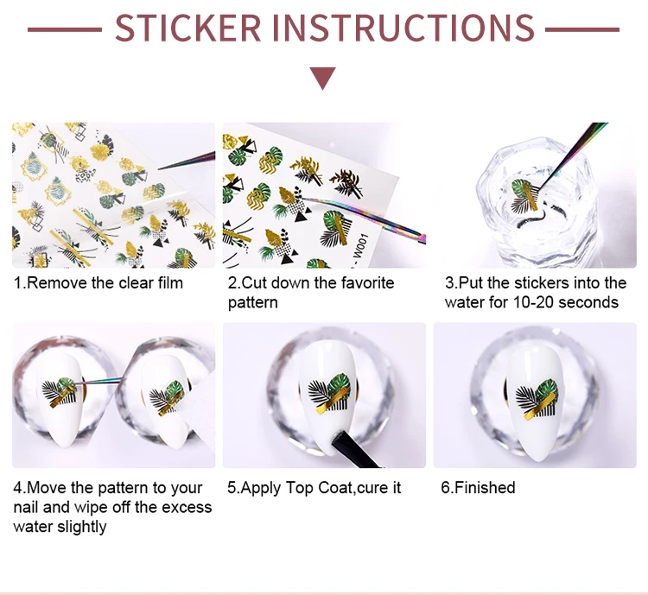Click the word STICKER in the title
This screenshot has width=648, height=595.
click(188, 28)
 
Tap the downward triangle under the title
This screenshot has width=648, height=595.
click(323, 78)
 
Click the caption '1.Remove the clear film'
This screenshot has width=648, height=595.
click(98, 283)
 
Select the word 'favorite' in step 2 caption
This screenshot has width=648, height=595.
click(367, 283)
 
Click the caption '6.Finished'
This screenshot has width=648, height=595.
click(478, 488)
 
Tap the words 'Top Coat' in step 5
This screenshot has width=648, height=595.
click(318, 488)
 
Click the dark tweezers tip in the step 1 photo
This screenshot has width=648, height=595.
click(187, 161)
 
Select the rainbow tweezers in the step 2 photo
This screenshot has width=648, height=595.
click(364, 220)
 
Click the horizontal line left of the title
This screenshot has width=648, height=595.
click(65, 29)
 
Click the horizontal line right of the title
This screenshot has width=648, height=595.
click(582, 29)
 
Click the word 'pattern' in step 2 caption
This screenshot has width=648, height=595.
click(253, 303)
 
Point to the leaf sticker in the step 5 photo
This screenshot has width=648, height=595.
click(329, 394)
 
